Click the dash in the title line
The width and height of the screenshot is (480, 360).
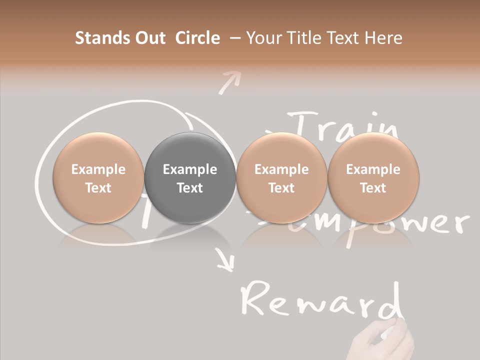click(x=235, y=38)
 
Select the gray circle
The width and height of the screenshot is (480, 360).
click(x=190, y=178)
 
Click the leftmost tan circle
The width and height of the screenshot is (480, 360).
click(x=98, y=178)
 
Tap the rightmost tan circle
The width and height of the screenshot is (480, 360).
click(x=373, y=178)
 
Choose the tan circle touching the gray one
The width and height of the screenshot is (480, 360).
click(x=281, y=178)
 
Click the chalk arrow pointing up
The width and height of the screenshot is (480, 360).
click(x=229, y=81)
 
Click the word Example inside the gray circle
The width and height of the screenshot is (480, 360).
click(x=190, y=169)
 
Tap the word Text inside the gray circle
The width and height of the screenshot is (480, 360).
click(x=190, y=188)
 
